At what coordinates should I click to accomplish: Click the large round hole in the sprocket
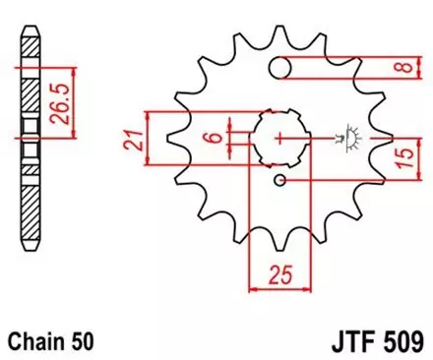(x=281, y=67)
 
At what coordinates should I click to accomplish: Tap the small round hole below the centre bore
(x=280, y=180)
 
